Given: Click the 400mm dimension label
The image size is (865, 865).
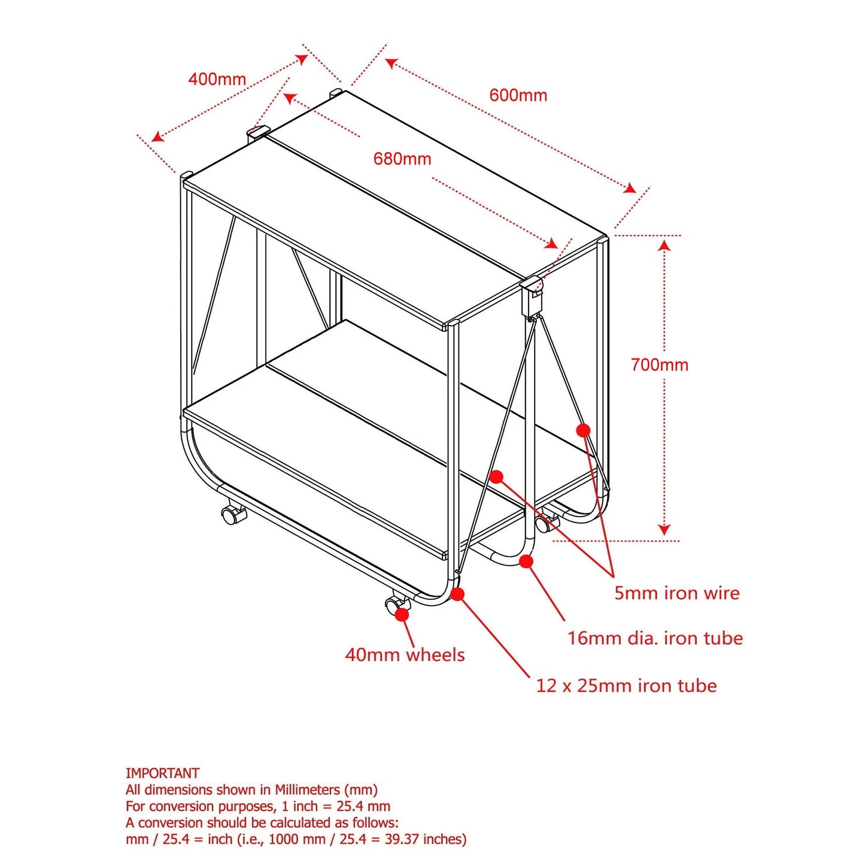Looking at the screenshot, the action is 217,80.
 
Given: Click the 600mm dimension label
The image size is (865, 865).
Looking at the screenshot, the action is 518,95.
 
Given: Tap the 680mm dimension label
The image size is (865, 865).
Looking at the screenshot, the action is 403,159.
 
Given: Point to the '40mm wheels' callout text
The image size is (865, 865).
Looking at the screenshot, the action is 405,655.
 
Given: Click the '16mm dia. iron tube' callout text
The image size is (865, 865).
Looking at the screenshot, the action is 655,638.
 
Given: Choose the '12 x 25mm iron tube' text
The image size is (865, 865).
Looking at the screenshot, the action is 627,686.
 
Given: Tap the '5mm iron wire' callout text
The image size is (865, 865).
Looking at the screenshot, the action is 677,593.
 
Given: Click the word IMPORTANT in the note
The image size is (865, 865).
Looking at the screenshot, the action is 162,773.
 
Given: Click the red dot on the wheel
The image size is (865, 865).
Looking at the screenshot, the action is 402,615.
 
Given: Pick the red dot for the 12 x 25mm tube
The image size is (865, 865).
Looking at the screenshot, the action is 457,594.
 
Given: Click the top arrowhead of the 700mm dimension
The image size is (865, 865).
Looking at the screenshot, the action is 665,245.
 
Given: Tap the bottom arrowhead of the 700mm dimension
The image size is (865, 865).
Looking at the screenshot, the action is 665,530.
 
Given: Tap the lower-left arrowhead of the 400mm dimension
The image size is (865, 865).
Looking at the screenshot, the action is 157,136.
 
